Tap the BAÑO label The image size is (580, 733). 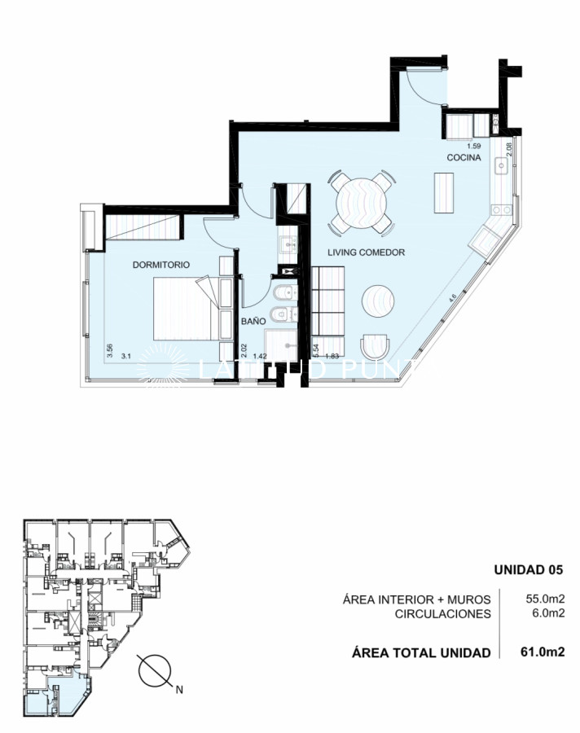pyautogui.click(x=253, y=323)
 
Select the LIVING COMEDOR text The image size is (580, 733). pyautogui.click(x=366, y=252)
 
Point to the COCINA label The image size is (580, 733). pyautogui.click(x=463, y=156)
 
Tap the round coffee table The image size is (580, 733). pyautogui.click(x=379, y=301)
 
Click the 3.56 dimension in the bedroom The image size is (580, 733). pyautogui.click(x=108, y=350)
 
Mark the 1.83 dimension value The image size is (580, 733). pyautogui.click(x=331, y=357)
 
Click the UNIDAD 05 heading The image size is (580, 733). pyautogui.click(x=529, y=569)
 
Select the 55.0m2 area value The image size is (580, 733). pyautogui.click(x=546, y=600)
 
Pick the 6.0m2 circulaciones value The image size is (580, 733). pyautogui.click(x=548, y=614)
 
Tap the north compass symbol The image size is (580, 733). pyautogui.click(x=155, y=673)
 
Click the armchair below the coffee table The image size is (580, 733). pyautogui.click(x=375, y=346)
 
